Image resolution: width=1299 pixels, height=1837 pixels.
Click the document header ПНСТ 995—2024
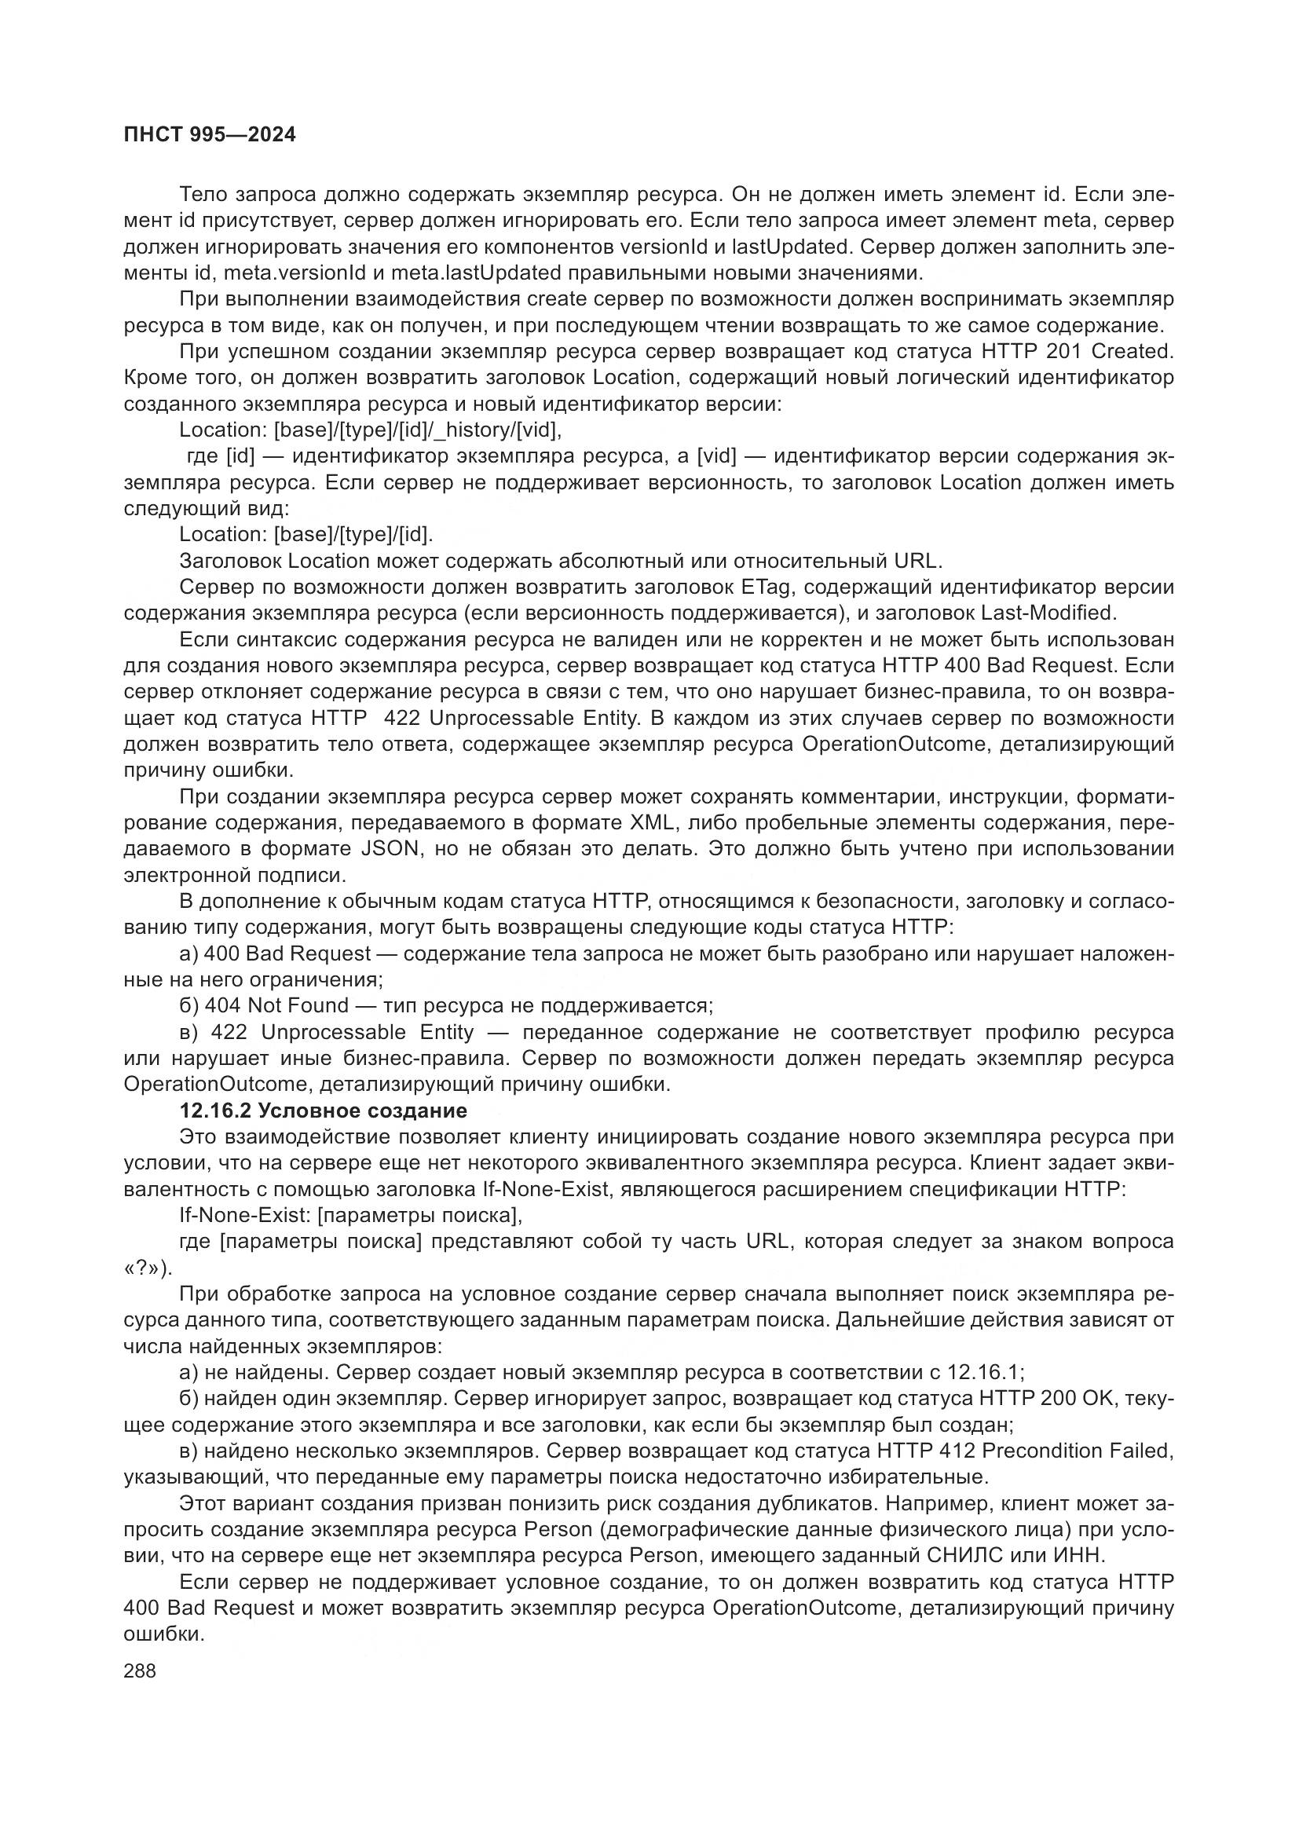click(x=210, y=135)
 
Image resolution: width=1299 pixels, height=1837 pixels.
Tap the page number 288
click(x=140, y=1670)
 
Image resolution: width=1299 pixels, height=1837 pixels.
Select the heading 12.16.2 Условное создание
click(x=323, y=1111)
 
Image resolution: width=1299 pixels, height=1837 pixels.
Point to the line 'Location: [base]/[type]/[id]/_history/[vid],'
click(x=371, y=430)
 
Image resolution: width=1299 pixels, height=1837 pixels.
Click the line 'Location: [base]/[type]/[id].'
click(x=306, y=535)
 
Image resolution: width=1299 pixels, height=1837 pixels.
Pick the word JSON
click(x=391, y=849)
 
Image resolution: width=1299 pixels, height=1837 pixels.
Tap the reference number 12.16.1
click(x=983, y=1373)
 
